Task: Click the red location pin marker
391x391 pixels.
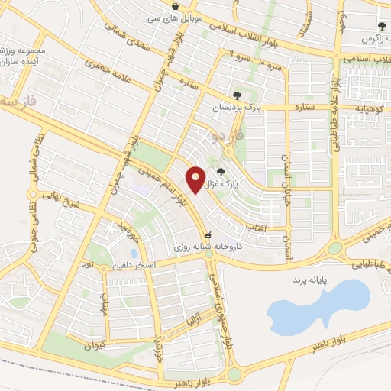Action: pos(196,179)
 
